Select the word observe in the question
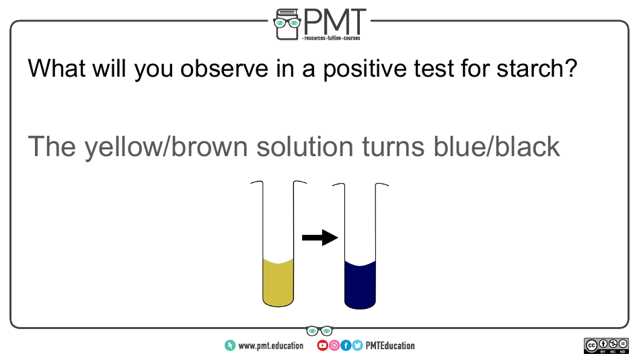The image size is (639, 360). pos(225,68)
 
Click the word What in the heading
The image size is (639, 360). pos(57,68)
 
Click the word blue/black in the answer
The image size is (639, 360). pos(496,147)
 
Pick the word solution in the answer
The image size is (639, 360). pos(305,147)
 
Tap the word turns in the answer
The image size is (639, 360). pos(393,147)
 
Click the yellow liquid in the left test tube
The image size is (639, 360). pos(278,283)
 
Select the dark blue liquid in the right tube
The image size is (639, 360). pos(361,286)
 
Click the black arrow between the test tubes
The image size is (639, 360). pos(320,238)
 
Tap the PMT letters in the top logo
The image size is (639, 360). pos(334,22)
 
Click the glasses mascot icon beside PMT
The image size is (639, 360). pos(287,24)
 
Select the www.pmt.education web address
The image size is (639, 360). pos(270,346)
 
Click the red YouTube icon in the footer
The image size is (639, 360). pos(322,346)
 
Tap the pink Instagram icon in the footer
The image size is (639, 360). pos(334,346)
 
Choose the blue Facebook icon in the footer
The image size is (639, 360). pos(346,346)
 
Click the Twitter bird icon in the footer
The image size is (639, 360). pos(357,346)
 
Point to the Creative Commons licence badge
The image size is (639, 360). pos(606,346)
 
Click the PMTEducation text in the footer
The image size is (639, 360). pos(390,346)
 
